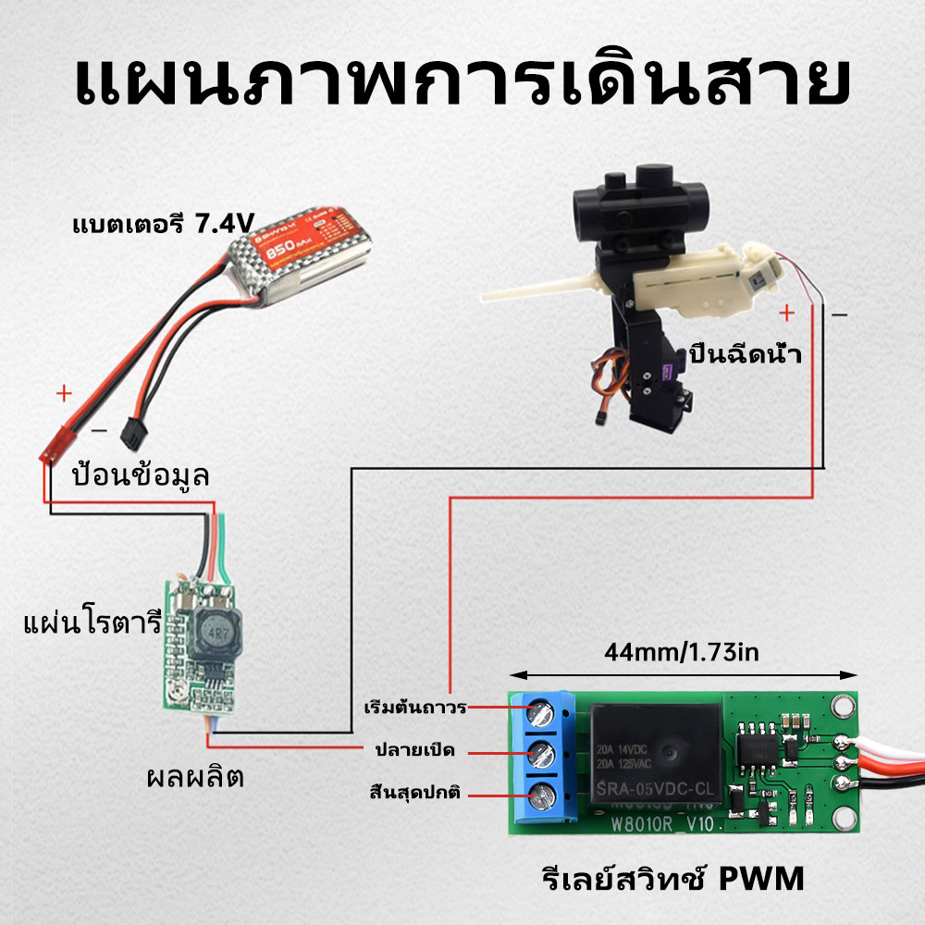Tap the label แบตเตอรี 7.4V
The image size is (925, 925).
pyautogui.click(x=164, y=224)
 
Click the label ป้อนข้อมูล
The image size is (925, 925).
pyautogui.click(x=141, y=476)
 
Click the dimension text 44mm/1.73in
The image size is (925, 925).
pyautogui.click(x=682, y=653)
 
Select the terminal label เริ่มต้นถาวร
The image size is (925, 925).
pyautogui.click(x=414, y=708)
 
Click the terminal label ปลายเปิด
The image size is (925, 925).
pyautogui.click(x=414, y=748)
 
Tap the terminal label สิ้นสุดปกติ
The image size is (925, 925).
pyautogui.click(x=413, y=793)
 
